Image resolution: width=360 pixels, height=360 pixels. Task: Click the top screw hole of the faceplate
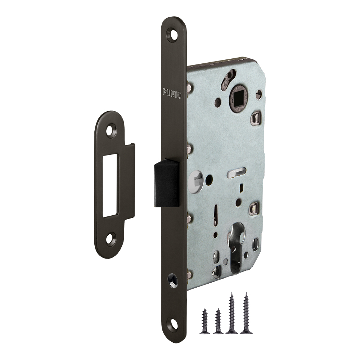coord(172,34)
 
